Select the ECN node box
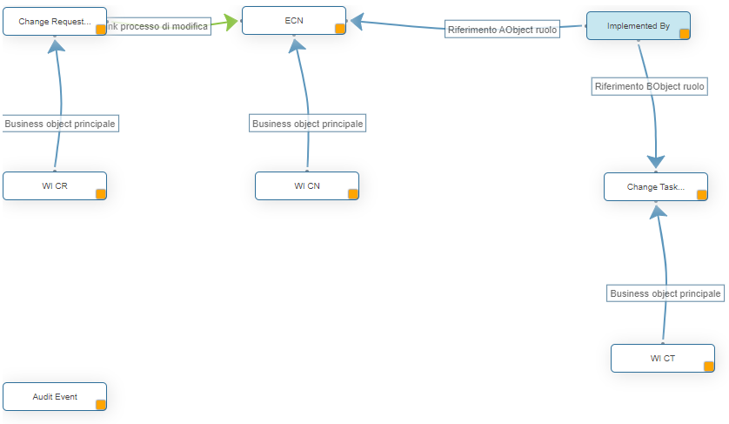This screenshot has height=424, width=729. (293, 20)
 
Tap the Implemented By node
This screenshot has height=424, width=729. (638, 26)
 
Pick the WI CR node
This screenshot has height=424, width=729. (54, 185)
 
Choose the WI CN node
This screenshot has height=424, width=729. (306, 185)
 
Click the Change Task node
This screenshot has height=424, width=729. (655, 186)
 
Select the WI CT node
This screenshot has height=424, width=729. (662, 358)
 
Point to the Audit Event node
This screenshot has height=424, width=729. (55, 396)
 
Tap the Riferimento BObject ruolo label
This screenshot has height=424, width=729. (649, 86)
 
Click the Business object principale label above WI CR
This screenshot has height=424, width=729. (60, 124)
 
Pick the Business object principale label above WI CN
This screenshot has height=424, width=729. (307, 124)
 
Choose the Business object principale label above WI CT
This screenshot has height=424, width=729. (665, 293)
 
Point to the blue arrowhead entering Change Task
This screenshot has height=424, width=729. (656, 162)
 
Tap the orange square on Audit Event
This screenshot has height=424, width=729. (101, 404)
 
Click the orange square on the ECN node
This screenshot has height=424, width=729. (340, 29)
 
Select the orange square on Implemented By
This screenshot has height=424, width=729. (684, 34)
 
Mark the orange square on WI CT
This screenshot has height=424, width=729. (709, 367)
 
